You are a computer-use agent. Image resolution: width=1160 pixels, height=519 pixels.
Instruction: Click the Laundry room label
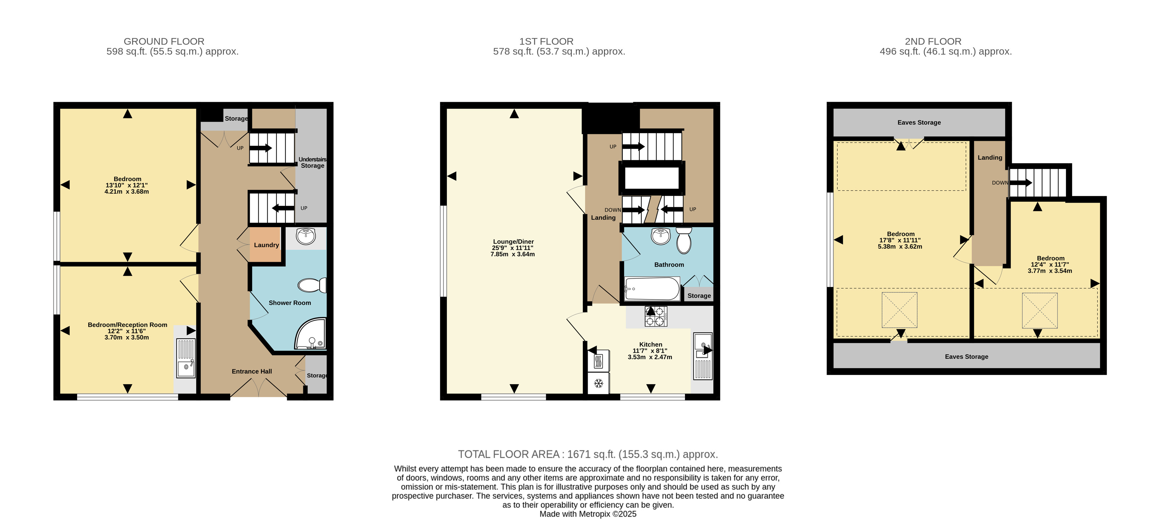[266, 245]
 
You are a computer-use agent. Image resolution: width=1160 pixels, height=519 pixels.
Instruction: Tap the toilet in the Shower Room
[312, 285]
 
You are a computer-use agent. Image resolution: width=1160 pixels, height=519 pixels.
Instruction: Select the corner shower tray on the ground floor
[310, 334]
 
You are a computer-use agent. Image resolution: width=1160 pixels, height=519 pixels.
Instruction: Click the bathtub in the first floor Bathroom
[652, 289]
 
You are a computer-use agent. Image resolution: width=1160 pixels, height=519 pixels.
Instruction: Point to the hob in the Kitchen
[656, 316]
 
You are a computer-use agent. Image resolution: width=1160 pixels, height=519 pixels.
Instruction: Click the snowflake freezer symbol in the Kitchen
[598, 383]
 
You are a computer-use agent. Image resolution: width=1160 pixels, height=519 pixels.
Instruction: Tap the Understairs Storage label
[313, 163]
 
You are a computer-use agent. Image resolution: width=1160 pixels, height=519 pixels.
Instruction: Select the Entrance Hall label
[252, 371]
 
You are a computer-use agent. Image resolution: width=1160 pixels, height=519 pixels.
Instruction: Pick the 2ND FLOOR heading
[933, 41]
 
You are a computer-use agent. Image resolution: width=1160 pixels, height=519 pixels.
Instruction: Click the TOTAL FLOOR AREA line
[588, 454]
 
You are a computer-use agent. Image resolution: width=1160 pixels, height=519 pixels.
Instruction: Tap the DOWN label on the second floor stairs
[1000, 183]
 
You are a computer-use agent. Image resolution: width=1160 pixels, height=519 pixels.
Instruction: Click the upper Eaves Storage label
[919, 122]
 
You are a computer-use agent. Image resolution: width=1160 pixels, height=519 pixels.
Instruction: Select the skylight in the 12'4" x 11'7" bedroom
[1040, 311]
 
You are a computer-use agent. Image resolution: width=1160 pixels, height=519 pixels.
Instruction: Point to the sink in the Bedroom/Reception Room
[186, 358]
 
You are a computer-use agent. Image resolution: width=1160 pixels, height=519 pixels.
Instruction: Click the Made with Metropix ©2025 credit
[588, 514]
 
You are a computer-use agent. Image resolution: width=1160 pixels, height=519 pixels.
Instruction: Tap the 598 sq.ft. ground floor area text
[172, 52]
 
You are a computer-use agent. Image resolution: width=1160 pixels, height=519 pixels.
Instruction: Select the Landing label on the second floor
[990, 158]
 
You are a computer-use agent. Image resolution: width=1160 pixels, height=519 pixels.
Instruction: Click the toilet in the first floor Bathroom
[684, 240]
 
